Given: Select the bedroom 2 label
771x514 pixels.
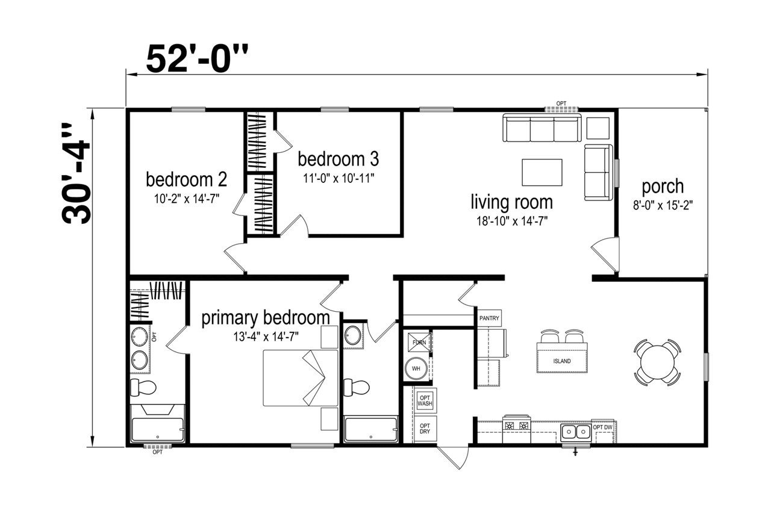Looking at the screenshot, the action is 186,179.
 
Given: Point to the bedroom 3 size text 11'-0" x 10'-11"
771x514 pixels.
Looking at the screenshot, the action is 339,179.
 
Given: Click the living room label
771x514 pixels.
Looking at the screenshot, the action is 512,202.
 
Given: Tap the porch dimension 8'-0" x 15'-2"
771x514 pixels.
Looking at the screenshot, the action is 663,205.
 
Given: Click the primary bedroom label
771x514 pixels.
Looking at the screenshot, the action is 266,318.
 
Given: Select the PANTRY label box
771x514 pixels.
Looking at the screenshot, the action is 489,318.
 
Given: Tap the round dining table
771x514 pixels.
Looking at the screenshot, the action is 657,362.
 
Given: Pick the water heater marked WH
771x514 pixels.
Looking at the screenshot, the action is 416,368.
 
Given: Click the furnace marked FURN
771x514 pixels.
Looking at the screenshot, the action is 419,342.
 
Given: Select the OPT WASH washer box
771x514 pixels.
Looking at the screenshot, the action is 425,401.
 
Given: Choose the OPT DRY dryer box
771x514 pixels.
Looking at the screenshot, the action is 425,429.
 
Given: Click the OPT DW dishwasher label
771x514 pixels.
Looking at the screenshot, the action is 603,427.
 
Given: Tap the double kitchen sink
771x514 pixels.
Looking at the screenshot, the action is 576,433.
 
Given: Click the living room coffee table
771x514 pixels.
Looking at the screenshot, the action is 542,172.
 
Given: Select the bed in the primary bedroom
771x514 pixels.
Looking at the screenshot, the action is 301,378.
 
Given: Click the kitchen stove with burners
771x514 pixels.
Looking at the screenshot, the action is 517,429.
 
